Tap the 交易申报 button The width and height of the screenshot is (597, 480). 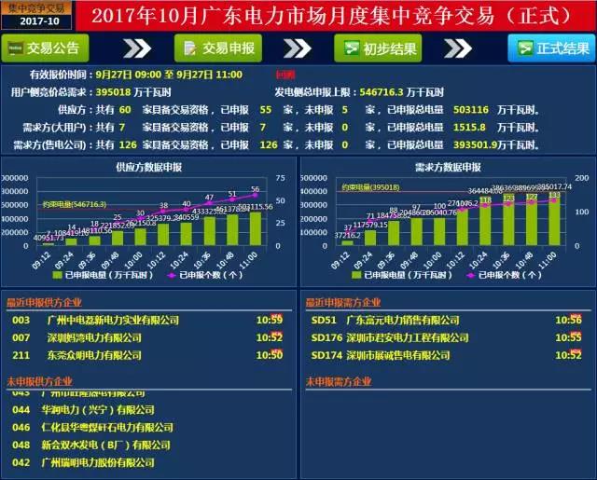pyautogui.click(x=218, y=48)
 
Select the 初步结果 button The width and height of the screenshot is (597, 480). pyautogui.click(x=377, y=48)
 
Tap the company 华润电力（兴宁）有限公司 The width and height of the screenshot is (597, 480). pyautogui.click(x=98, y=410)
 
